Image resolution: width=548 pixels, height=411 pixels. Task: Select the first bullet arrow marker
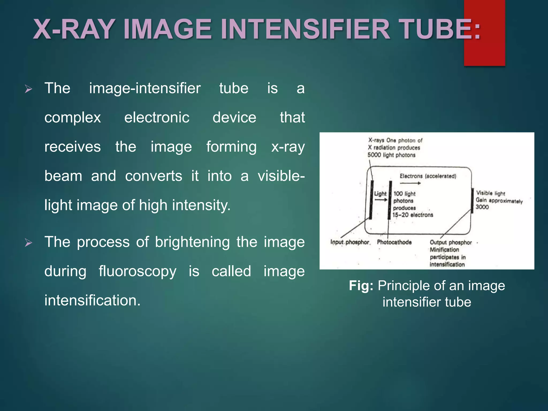point(28,89)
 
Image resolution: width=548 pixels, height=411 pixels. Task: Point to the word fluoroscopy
point(138,271)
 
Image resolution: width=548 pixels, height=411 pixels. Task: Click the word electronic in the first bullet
point(157,117)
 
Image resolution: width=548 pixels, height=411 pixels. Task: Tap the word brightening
point(192,242)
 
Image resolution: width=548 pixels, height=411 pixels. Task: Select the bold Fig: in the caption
point(361,286)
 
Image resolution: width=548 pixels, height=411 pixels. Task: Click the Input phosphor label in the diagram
point(350,242)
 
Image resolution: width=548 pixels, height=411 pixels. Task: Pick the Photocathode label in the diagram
point(394,242)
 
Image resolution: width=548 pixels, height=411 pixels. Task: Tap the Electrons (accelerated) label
point(428,176)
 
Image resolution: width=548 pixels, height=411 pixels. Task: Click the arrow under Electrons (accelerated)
point(410,183)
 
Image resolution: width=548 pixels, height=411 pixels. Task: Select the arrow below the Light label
point(381,200)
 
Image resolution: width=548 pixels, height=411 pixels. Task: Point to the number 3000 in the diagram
point(482,207)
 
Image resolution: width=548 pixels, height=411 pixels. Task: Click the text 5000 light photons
point(391,155)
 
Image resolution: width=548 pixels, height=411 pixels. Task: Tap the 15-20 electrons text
point(413,215)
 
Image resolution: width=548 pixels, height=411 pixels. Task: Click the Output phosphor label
point(451,242)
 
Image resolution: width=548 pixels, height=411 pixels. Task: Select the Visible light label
point(490,193)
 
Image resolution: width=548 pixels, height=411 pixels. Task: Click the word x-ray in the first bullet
point(288,147)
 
